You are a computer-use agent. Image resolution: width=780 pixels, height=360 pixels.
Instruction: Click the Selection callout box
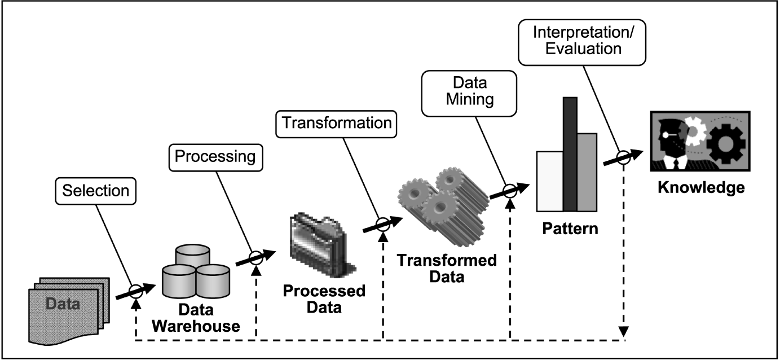pos(95,191)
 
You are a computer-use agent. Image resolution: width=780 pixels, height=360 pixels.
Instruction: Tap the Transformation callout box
pos(336,123)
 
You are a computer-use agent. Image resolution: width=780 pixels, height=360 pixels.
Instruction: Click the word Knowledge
pos(700,187)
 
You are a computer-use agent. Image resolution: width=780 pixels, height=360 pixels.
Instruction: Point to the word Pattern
pos(570,230)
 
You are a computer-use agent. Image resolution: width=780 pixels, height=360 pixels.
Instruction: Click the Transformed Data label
pos(446,269)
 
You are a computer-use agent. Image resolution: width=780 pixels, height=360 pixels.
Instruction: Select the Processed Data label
pos(324,299)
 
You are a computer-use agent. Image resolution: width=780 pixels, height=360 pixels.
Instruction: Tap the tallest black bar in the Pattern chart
pos(570,153)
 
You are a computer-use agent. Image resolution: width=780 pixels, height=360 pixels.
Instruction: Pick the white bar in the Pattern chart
pos(549,180)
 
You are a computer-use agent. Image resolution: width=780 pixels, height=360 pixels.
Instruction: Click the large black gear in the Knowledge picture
pos(726,143)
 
